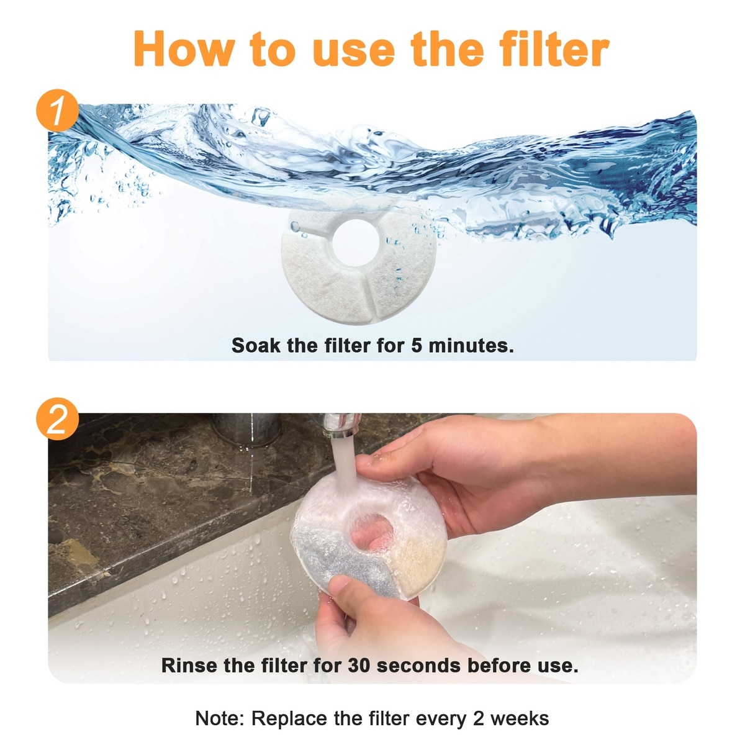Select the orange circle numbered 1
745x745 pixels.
pyautogui.click(x=58, y=110)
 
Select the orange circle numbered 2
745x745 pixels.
pyautogui.click(x=58, y=418)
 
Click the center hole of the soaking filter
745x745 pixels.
pyautogui.click(x=356, y=243)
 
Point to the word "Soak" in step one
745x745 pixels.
pyautogui.click(x=256, y=345)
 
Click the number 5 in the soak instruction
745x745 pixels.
pyautogui.click(x=417, y=345)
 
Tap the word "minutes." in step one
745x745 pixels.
pyautogui.click(x=471, y=345)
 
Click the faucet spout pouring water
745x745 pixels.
pyautogui.click(x=340, y=425)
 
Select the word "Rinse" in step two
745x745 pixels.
pyautogui.click(x=189, y=666)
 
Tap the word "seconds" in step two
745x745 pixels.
pyautogui.click(x=418, y=666)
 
